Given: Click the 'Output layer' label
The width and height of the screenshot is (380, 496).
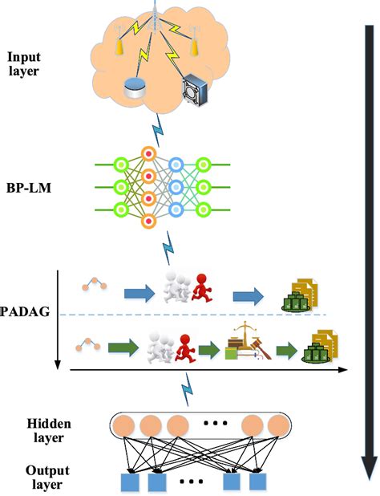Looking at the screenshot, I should tap(29, 478).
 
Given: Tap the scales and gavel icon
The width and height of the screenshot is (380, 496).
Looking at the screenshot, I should tap(245, 343).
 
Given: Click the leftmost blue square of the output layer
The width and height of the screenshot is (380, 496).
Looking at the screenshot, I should tap(130, 483).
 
